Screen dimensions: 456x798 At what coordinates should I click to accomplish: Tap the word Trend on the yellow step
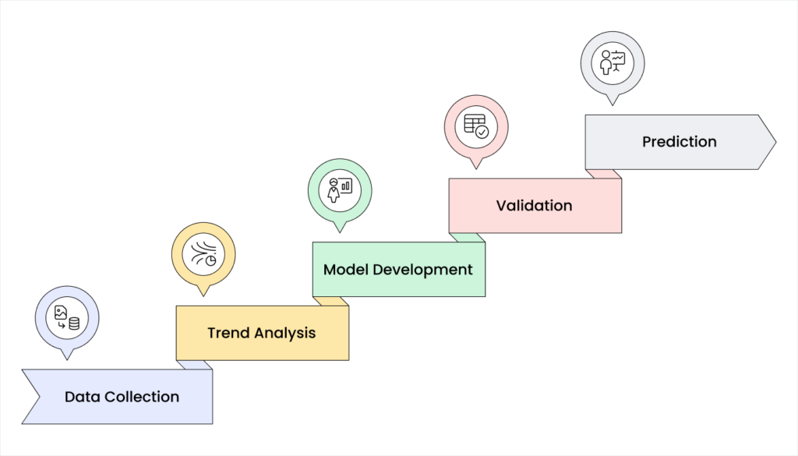[227, 333]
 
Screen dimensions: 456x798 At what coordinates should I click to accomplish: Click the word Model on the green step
[344, 270]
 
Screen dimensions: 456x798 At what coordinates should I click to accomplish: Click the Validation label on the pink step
[534, 206]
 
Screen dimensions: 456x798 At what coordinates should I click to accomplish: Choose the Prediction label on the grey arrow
[679, 142]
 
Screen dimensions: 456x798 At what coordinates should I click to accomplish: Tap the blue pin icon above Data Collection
[67, 318]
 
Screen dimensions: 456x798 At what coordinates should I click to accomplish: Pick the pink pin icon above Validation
[476, 127]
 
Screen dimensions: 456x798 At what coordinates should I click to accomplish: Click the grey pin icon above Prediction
[613, 63]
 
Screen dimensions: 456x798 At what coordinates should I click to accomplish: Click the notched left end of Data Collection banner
[31, 397]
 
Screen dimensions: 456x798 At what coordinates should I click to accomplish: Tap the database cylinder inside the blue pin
[74, 323]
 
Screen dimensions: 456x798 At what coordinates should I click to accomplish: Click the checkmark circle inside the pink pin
[482, 133]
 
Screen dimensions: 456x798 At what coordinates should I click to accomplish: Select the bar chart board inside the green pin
[346, 186]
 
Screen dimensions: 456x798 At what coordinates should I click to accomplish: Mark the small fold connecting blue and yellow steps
[194, 365]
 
